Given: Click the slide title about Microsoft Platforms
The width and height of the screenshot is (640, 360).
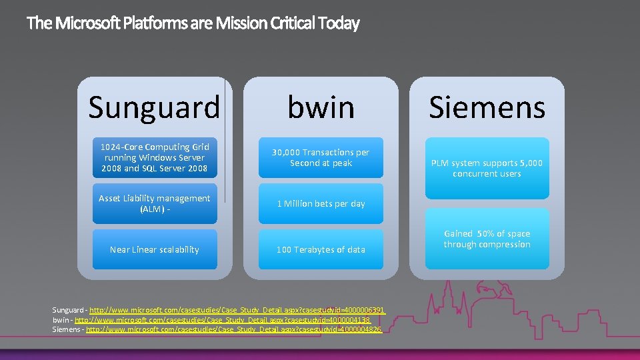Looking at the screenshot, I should pos(193,24).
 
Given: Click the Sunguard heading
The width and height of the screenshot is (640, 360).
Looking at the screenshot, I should pos(154,107).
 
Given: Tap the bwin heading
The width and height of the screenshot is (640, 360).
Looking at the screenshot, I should pos(321,107).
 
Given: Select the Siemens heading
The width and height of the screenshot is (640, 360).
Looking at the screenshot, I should pos(487,107).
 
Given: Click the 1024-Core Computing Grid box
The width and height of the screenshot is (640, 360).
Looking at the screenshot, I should pos(155,158).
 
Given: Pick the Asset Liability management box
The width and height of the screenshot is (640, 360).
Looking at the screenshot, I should pos(155,204).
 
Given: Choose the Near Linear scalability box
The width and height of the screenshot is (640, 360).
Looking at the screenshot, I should pos(155,249).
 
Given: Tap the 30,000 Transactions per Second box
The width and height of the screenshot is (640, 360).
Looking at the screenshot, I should pos(321,158).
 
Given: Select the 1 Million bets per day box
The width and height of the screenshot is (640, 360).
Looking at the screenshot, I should pos(321,204).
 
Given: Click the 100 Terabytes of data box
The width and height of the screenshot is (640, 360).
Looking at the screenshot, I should pos(321,249).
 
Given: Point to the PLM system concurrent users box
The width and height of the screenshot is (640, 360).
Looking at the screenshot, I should pos(487,168).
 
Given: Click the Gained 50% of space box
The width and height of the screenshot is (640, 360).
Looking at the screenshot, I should pos(487,239).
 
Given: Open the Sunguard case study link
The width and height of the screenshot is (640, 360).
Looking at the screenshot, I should pos(237,310).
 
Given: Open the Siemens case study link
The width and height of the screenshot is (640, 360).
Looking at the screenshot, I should pos(234,330).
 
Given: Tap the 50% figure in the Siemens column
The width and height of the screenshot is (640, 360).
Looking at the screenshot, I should pos(487,234).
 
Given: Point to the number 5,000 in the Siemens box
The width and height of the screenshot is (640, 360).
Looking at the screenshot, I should pos(531,163).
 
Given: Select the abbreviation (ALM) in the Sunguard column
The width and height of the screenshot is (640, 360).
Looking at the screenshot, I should pos(151,209).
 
